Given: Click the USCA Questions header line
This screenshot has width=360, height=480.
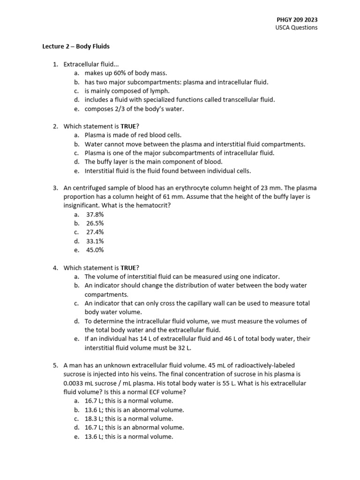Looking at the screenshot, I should click(296, 28).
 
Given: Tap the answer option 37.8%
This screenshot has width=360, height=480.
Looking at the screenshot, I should click(95, 214).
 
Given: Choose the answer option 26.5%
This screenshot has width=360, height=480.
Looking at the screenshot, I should click(95, 223).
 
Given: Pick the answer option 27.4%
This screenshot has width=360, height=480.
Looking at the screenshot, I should click(95, 232).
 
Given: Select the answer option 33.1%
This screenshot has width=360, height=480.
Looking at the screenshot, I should click(95, 241).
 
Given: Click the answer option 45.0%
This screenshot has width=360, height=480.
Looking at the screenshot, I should click(95, 250).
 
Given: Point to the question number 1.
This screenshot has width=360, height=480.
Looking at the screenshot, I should click(55, 64).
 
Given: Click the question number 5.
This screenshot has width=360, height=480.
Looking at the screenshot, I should click(55, 365).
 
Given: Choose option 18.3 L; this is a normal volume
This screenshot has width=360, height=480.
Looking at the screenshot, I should click(129, 419).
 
